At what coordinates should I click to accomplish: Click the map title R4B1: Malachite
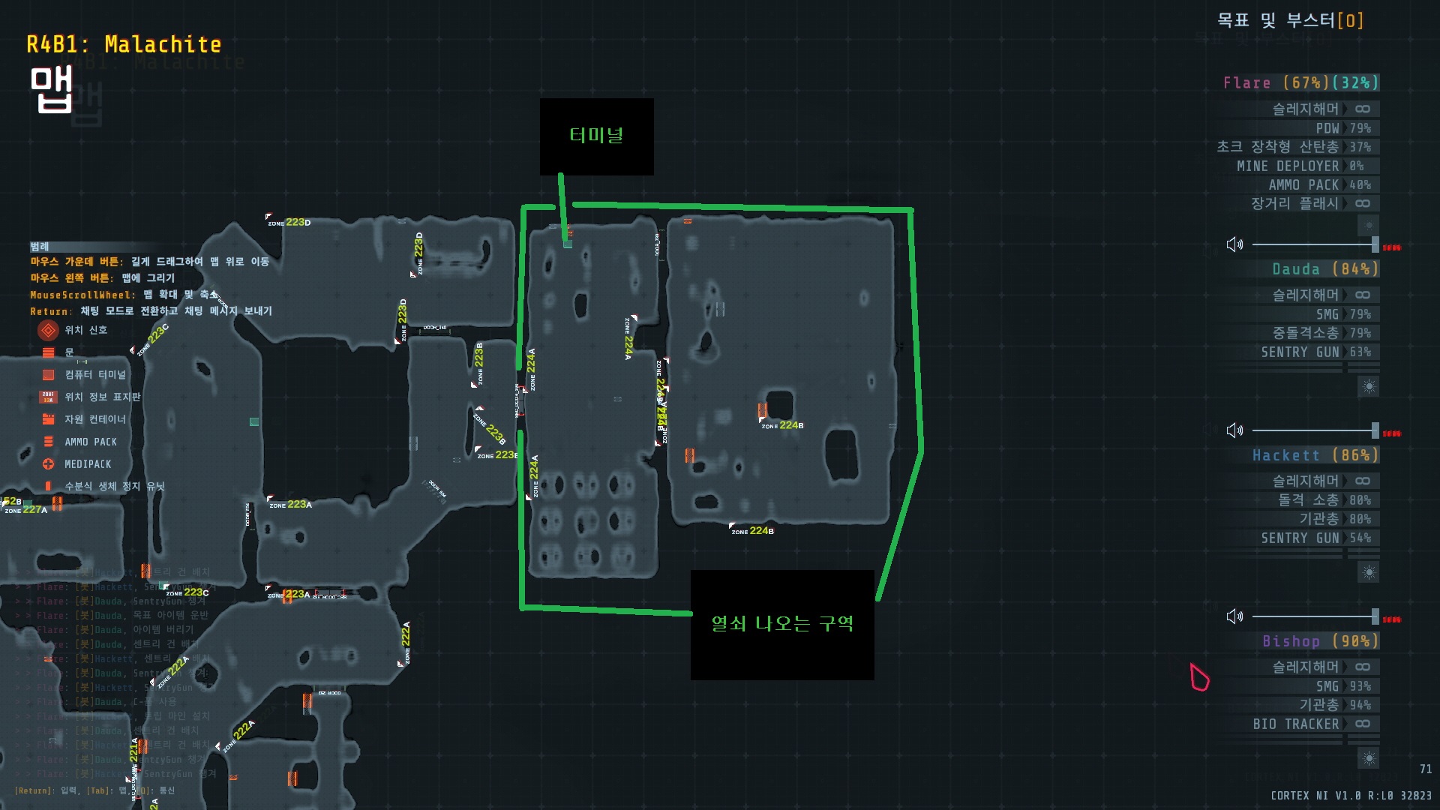(124, 45)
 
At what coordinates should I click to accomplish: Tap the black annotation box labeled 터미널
(596, 136)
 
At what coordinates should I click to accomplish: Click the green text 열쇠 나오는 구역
(781, 624)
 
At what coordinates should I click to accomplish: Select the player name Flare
(1246, 83)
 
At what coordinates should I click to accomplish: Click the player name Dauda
(1295, 269)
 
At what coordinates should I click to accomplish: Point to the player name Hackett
(1285, 455)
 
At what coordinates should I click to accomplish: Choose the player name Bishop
(1291, 641)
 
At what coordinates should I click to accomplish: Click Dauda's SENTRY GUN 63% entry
(1315, 352)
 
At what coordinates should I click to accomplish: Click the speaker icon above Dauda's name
(1234, 244)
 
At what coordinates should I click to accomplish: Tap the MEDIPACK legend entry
(87, 464)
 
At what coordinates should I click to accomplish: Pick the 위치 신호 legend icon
(48, 330)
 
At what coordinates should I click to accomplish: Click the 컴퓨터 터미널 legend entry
(94, 375)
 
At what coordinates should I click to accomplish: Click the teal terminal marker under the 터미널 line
(568, 244)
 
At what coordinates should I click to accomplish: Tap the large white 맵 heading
(51, 90)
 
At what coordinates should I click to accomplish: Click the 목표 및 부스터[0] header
(1290, 20)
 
